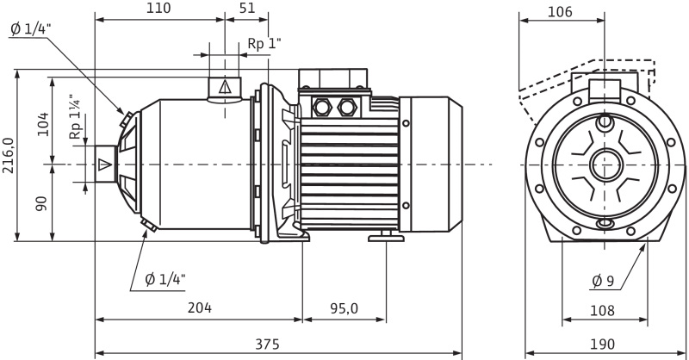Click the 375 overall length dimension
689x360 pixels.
(268, 344)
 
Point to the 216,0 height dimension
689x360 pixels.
(9, 156)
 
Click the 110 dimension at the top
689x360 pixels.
(158, 9)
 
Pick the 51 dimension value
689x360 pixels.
(246, 9)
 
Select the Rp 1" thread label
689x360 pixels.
(264, 43)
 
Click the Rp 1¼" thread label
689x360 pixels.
(76, 118)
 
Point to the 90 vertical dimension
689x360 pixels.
(42, 204)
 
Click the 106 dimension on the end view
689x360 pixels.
(559, 12)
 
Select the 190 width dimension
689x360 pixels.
(603, 344)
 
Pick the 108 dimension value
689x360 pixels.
(603, 308)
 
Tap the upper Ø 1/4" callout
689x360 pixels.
(32, 28)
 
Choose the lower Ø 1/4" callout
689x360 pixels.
(165, 278)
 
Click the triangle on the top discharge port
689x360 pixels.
(226, 86)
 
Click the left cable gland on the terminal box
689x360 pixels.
(325, 108)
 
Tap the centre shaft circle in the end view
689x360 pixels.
(605, 164)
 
